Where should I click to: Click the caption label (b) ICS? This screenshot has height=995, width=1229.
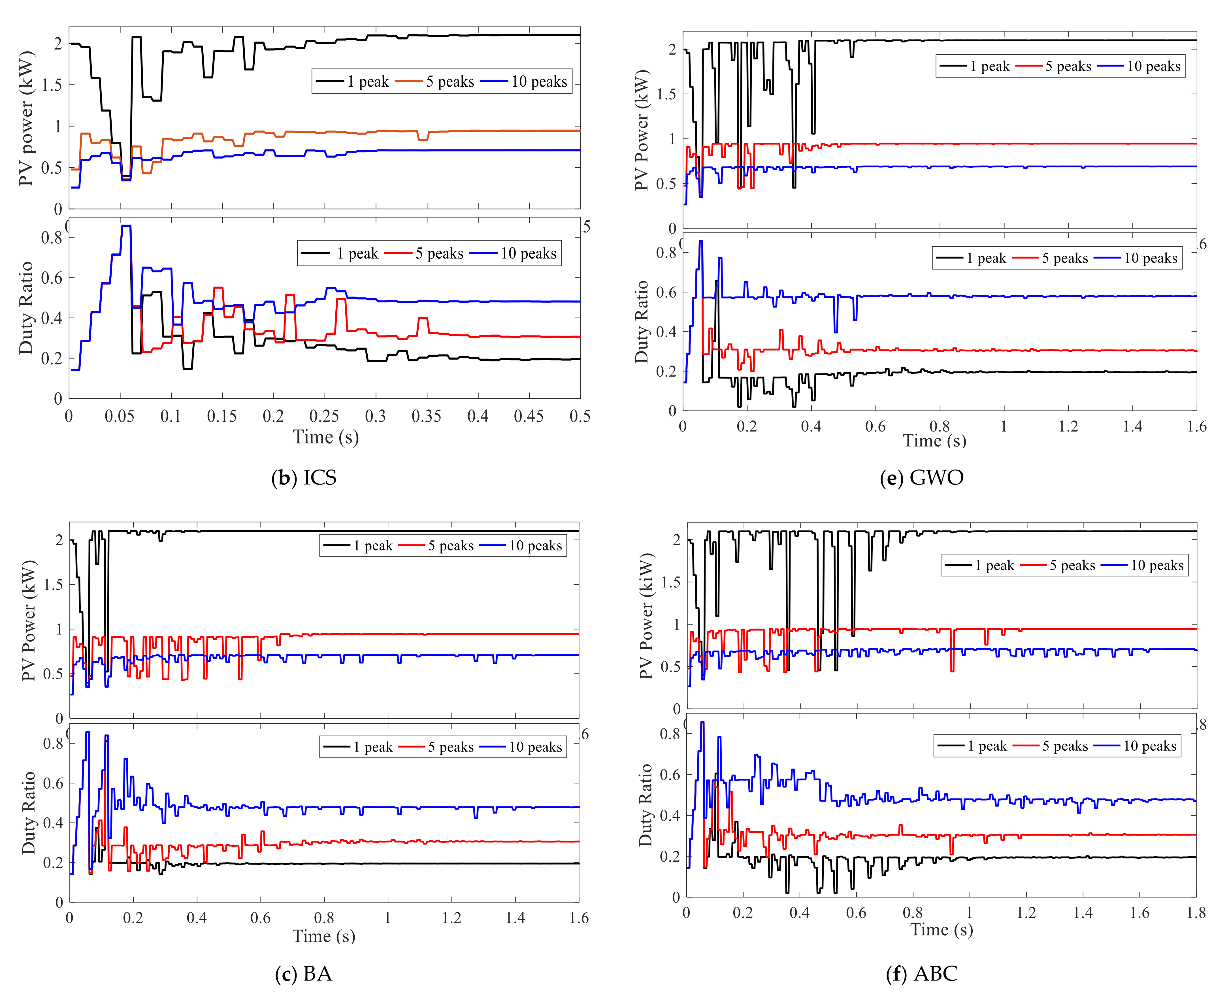point(304,477)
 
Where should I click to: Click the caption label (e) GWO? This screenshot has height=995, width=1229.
point(922,477)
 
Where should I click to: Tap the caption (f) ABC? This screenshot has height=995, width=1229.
point(922,973)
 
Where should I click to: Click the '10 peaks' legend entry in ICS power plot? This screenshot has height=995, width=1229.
point(525,81)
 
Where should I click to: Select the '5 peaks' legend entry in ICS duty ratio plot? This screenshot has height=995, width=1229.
point(425,253)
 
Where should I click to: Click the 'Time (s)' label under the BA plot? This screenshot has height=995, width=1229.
point(324,936)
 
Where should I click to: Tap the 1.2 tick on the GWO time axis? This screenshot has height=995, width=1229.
point(1068,426)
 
